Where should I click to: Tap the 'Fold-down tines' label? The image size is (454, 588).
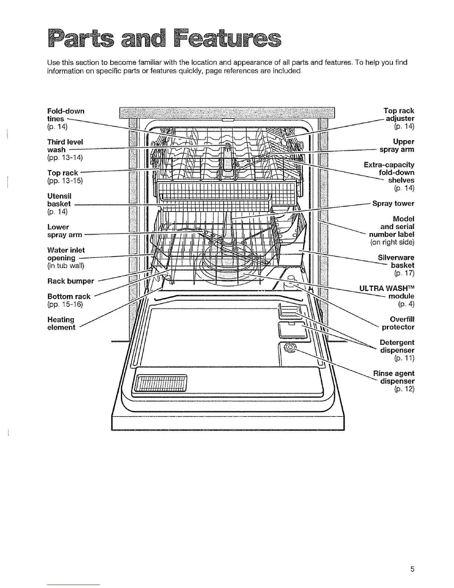click(66, 115)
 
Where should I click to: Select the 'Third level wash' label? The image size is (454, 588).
click(65, 146)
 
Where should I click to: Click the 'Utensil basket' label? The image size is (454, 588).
click(59, 200)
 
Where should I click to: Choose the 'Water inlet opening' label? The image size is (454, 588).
click(66, 254)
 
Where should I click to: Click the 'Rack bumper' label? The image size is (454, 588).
click(70, 281)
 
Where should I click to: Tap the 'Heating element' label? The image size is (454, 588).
click(61, 323)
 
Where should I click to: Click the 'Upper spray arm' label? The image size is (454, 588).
click(397, 146)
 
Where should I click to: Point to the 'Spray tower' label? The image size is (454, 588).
click(393, 203)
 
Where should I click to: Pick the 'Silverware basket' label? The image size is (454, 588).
click(396, 261)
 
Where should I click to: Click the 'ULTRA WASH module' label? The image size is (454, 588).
click(387, 292)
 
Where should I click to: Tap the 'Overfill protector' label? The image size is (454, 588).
click(398, 323)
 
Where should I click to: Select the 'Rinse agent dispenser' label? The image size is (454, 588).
click(394, 377)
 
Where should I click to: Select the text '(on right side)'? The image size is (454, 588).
click(392, 242)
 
